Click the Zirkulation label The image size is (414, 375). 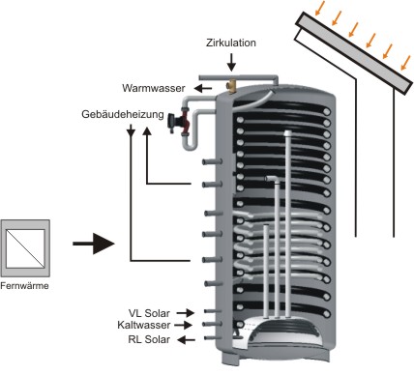point(231,43)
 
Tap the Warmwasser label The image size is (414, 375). point(154,88)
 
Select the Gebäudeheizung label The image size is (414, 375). point(123,114)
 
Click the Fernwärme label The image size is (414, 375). point(24,286)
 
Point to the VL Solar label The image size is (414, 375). point(149,313)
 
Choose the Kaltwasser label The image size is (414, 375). point(144,325)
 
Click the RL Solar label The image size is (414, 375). point(149,339)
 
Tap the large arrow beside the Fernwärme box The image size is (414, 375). point(94,244)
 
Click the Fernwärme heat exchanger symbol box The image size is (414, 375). point(25,248)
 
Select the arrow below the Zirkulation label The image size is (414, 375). point(231,62)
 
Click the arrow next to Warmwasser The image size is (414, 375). point(203,88)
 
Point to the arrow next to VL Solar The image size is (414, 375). point(186,312)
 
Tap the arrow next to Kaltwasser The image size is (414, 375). point(184,325)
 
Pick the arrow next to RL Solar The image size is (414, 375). point(187,339)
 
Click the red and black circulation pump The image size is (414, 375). point(179,123)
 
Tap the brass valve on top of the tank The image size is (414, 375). point(231,85)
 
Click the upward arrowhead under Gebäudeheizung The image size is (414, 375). point(147,131)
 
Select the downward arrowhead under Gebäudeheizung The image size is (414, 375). point(131,131)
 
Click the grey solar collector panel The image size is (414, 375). point(354,53)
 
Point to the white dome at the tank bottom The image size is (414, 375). point(283,332)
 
